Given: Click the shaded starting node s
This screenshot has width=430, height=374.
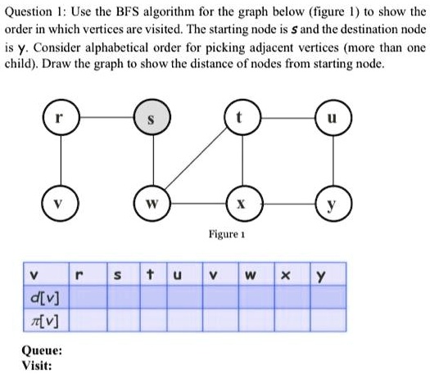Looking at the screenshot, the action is tap(152, 117).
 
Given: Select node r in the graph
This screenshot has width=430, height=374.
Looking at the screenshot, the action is tap(61, 117).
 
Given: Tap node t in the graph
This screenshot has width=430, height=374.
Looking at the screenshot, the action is tap(242, 117).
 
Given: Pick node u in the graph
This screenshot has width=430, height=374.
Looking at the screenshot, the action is tap(333, 118).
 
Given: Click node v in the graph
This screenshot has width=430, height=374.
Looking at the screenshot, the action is tap(61, 203).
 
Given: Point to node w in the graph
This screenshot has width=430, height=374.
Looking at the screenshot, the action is tap(152, 203).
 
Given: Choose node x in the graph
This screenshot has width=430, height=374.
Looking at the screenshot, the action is tap(245, 203).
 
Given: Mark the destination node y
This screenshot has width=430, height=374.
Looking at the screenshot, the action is tap(333, 203).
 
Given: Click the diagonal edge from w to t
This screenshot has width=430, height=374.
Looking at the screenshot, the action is tap(197, 158).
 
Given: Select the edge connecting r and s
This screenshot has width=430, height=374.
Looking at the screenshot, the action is tap(106, 117).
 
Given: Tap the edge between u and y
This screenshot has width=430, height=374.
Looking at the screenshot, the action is tap(333, 160).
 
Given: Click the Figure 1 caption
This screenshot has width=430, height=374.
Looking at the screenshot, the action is tap(227, 234).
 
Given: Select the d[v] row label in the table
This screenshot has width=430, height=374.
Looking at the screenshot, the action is tap(45, 298).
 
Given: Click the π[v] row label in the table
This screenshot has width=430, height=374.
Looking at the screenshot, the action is tap(44, 321).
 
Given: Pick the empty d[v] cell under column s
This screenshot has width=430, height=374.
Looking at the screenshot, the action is tap(124, 297).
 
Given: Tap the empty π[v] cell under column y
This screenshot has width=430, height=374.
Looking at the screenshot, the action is tap(328, 320).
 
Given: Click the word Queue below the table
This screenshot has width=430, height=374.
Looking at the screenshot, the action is tap(42, 351).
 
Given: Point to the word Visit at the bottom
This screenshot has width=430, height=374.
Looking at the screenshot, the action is tap(37, 366).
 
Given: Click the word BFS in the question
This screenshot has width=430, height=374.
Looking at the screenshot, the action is tap(127, 11).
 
